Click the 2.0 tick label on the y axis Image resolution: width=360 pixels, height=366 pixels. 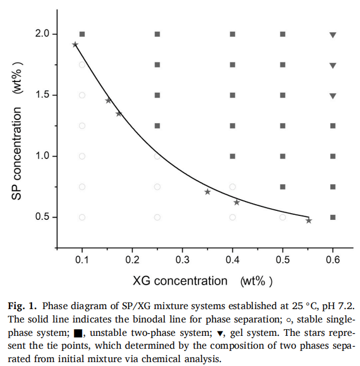point(42,34)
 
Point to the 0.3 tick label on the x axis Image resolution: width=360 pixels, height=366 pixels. point(182,259)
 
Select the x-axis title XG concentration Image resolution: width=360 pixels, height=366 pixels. point(179,281)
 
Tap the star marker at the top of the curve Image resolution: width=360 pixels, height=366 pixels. point(75,45)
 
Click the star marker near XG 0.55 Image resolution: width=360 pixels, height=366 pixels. point(309,220)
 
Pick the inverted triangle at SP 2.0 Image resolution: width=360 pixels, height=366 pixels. point(333,35)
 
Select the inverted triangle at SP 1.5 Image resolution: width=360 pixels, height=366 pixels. point(333,96)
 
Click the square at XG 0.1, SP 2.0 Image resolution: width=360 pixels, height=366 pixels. point(82,34)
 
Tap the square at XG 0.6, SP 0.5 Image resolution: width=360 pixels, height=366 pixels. point(333,217)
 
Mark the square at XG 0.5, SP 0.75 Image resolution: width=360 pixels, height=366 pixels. point(283,187)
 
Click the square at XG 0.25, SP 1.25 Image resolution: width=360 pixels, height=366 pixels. point(157,126)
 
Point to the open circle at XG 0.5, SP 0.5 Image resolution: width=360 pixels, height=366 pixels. point(283,217)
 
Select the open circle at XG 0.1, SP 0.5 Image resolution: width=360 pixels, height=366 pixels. point(82,217)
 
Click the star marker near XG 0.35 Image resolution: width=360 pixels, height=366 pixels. point(207,192)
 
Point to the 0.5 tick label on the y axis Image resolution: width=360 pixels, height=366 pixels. point(42,217)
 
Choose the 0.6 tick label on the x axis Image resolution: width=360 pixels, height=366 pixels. point(333,259)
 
